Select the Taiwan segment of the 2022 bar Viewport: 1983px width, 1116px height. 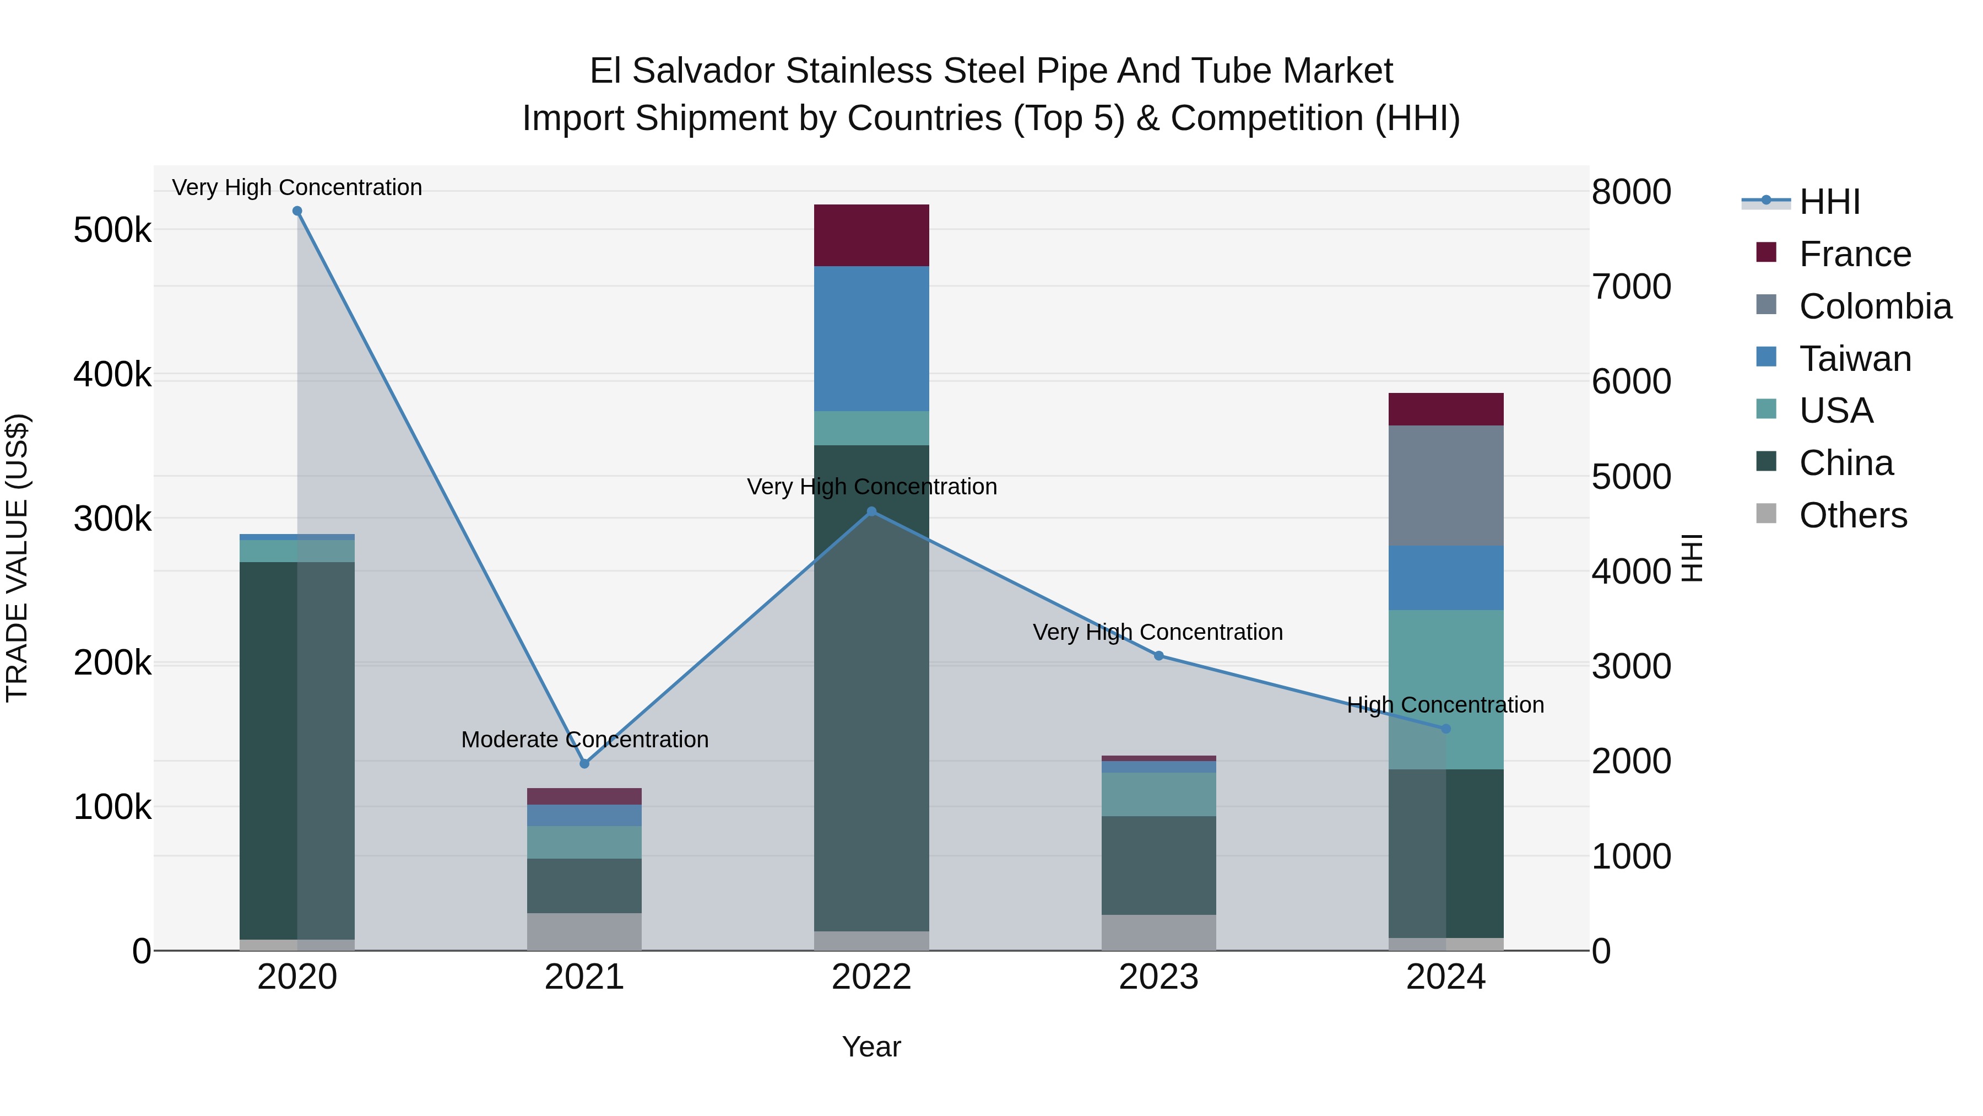871,338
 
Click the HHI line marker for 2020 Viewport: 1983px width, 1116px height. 297,211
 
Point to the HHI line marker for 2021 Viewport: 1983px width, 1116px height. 584,763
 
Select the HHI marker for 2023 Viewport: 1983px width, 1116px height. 1158,655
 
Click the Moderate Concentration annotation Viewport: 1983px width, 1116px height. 584,740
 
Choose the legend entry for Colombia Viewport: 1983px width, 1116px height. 1874,306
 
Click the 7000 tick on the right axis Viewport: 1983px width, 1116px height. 1631,287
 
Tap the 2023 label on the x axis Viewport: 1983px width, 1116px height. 1158,977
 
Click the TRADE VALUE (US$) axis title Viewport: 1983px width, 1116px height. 17,558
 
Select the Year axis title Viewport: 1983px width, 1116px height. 871,1047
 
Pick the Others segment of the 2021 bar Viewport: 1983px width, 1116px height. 584,931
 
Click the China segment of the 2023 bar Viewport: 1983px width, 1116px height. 1158,865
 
